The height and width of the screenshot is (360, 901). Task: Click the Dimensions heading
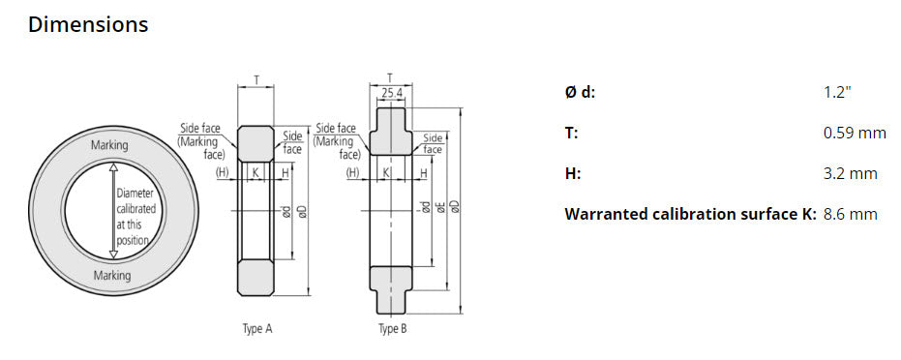click(88, 25)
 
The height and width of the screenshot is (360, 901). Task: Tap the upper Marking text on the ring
click(115, 145)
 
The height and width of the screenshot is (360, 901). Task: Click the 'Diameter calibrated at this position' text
click(135, 217)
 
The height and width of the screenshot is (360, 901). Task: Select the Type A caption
click(256, 329)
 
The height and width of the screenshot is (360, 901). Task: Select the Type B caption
click(392, 329)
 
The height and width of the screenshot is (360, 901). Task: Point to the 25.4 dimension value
click(392, 94)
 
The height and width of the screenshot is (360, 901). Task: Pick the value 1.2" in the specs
click(837, 92)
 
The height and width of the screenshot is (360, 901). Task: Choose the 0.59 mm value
click(855, 133)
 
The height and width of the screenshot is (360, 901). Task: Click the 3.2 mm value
click(850, 173)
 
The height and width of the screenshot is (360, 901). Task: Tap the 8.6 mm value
click(850, 214)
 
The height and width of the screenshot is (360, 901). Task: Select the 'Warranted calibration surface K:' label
click(690, 214)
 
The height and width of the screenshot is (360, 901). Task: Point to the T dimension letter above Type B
click(389, 77)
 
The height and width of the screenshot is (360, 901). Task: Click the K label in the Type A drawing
click(255, 173)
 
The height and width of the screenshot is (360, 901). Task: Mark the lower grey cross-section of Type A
click(256, 278)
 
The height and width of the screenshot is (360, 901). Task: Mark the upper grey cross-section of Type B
click(391, 135)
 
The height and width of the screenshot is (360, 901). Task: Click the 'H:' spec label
click(573, 173)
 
